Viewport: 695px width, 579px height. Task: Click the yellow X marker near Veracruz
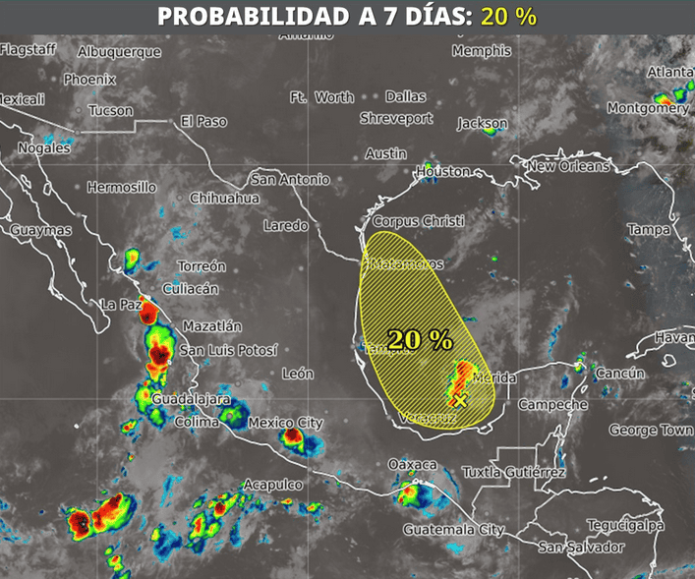coord(459,399)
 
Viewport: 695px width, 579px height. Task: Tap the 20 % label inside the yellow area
coord(420,340)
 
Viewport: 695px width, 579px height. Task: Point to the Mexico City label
coord(285,423)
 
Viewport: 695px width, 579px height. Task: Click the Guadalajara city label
coord(191,400)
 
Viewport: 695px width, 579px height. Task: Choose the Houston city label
coord(443,171)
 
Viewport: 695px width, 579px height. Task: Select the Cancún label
coord(620,374)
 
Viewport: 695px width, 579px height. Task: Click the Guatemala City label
coord(453,530)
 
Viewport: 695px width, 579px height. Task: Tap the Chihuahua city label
coord(224,199)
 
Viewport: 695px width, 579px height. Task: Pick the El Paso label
coord(203,122)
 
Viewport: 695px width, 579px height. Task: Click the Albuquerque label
coord(119,52)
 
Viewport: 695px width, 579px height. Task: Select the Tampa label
coord(648,230)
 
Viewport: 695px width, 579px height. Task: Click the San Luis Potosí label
coord(228,350)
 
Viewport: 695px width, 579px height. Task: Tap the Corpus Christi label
coord(418,222)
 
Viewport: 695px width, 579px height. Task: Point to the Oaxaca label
coord(412,464)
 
